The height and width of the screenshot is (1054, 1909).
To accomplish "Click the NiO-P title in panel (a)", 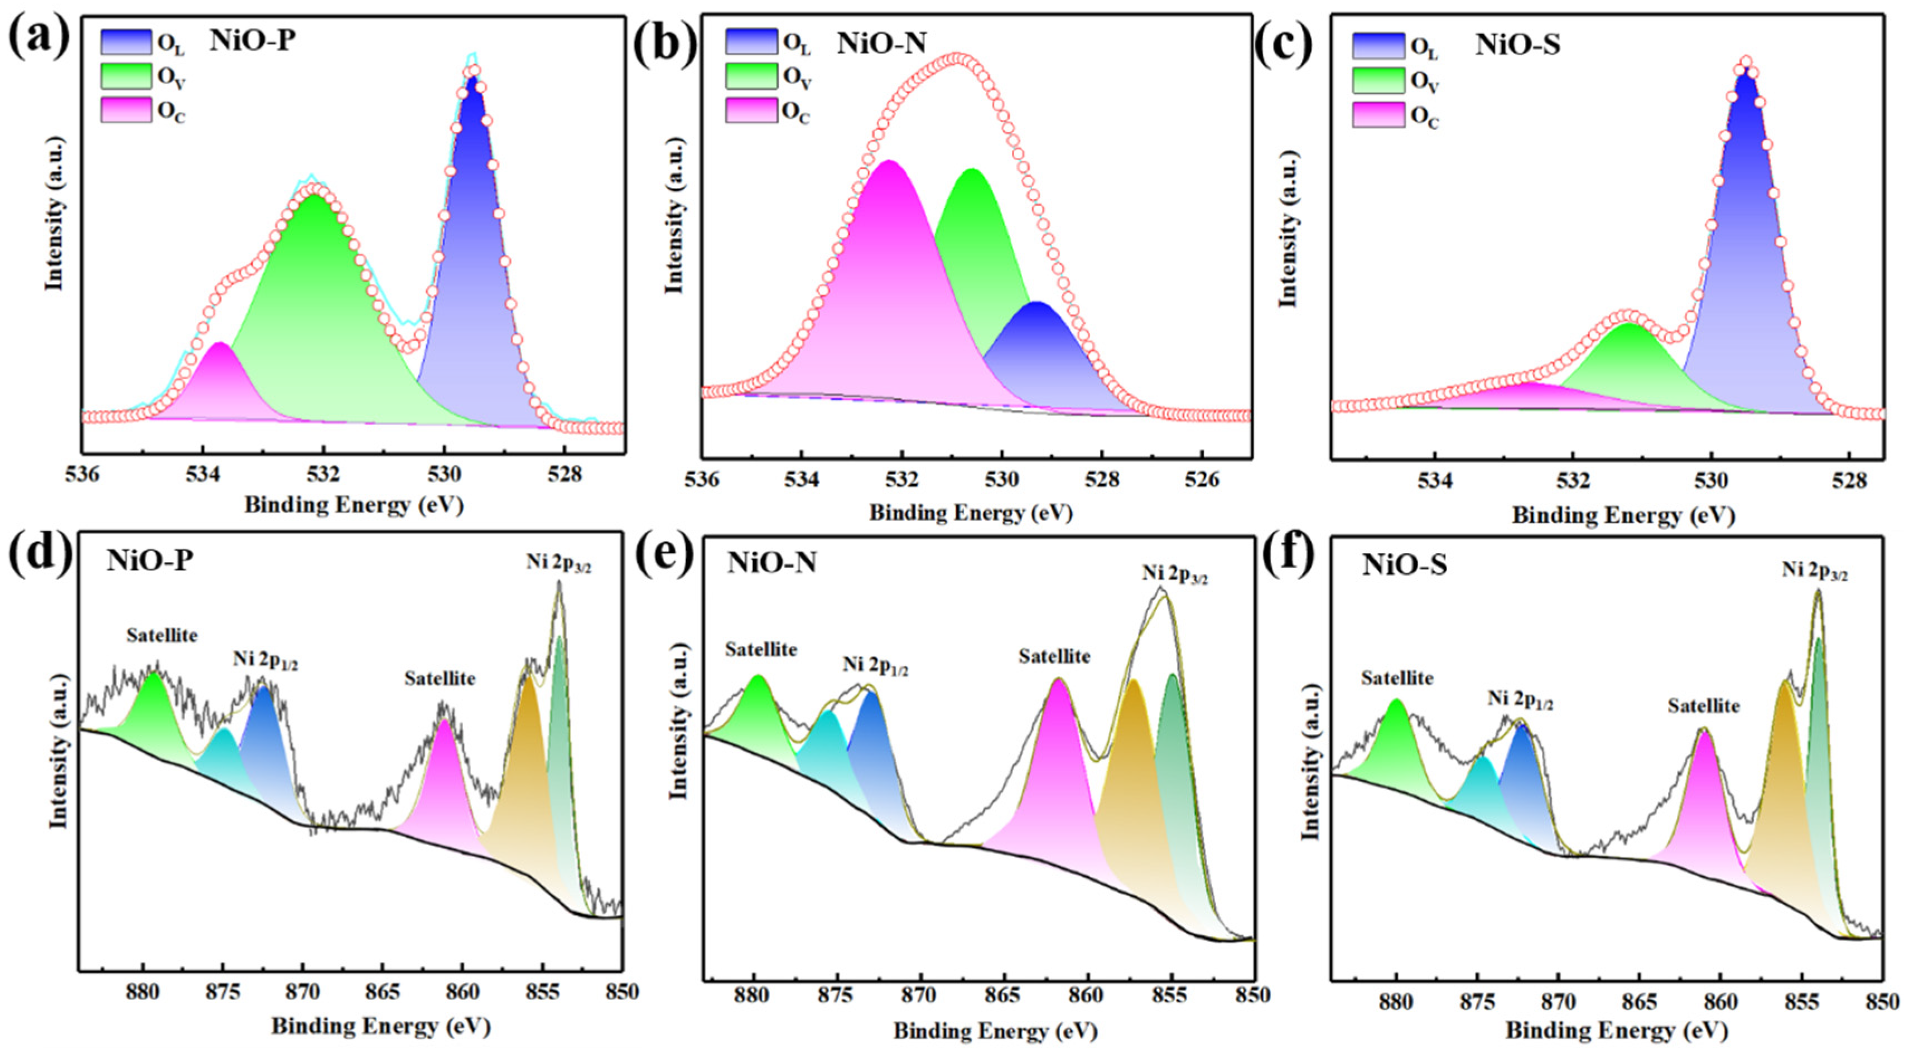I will pyautogui.click(x=252, y=41).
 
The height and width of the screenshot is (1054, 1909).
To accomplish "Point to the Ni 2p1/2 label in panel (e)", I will pyautogui.click(x=875, y=666).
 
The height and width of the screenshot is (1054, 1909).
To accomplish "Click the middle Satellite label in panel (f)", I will pyautogui.click(x=1704, y=706).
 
